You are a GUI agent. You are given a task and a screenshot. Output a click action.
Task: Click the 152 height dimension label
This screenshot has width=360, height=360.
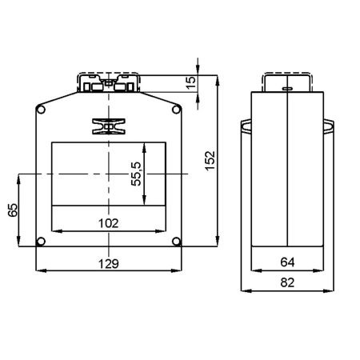click(x=210, y=161)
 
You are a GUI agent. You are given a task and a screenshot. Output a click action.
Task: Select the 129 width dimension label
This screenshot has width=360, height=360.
click(x=109, y=264)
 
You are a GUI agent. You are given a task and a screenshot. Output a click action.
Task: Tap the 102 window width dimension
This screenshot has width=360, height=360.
click(x=109, y=223)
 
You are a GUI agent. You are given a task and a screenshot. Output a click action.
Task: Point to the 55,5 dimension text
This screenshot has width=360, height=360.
click(x=136, y=174)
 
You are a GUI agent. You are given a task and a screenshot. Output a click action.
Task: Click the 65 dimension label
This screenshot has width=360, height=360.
click(x=13, y=210)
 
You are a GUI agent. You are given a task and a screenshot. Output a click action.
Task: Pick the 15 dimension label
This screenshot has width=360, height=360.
click(x=191, y=83)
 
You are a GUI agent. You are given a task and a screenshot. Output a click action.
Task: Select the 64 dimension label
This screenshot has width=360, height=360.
click(x=287, y=262)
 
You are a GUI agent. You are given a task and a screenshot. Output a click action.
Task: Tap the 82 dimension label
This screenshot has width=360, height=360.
click(x=287, y=282)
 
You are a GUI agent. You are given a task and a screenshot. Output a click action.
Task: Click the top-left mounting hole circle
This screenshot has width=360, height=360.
click(x=41, y=110)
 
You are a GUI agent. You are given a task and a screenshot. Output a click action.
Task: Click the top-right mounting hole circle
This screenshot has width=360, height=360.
click(x=176, y=110)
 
